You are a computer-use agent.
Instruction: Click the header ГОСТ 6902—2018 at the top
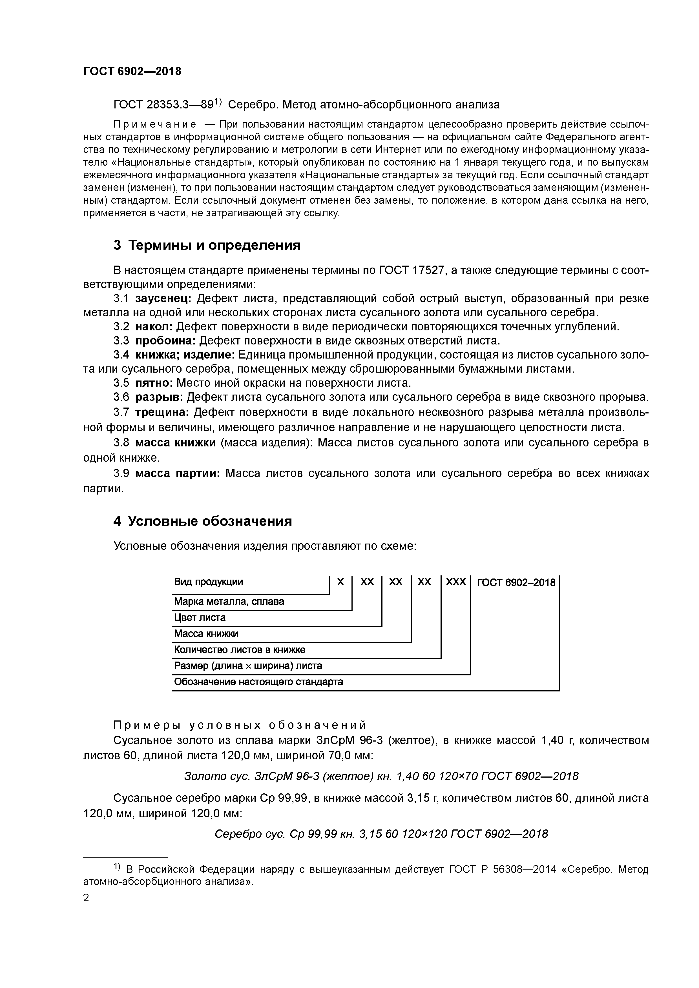pyautogui.click(x=132, y=72)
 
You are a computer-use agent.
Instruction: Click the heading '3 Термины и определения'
pyautogui.click(x=207, y=245)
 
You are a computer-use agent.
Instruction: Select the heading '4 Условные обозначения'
pyautogui.click(x=202, y=521)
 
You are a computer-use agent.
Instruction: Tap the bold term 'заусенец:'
pyautogui.click(x=163, y=298)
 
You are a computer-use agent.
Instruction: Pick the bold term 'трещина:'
pyautogui.click(x=162, y=412)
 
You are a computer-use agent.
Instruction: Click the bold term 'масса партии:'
pyautogui.click(x=178, y=473)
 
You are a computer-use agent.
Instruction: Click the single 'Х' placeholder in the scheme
pyautogui.click(x=340, y=582)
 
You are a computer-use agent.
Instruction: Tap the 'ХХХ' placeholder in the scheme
pyautogui.click(x=456, y=582)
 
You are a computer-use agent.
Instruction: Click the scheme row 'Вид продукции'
pyautogui.click(x=209, y=582)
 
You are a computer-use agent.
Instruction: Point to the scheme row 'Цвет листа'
pyautogui.click(x=199, y=617)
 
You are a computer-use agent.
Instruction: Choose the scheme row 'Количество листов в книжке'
pyautogui.click(x=240, y=649)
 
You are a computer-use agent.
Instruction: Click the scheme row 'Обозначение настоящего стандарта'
pyautogui.click(x=258, y=682)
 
